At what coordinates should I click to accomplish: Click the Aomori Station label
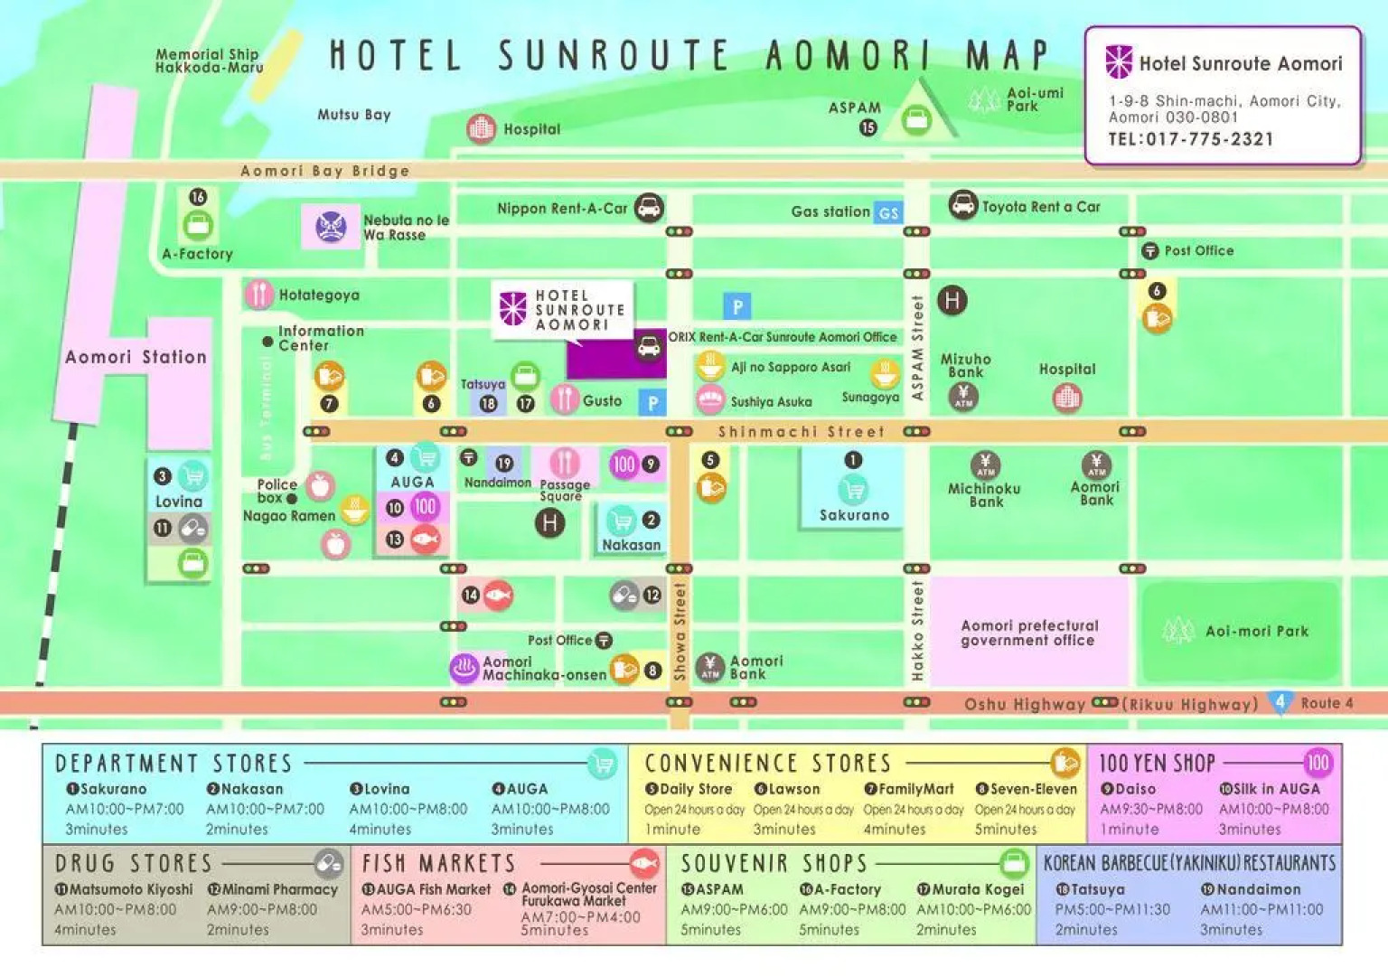click(136, 357)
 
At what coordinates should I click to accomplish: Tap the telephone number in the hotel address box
click(1190, 139)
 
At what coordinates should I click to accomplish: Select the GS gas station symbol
click(888, 213)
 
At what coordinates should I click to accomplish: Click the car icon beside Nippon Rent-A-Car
click(649, 208)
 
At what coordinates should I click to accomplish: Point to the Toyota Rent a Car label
click(1040, 207)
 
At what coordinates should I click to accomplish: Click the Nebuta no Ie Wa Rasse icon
click(331, 226)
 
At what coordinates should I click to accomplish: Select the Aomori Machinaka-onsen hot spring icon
click(464, 669)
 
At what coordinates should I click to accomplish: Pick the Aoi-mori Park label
click(1256, 631)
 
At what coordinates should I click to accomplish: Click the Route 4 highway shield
click(1280, 702)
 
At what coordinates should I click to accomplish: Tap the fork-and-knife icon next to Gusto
click(564, 399)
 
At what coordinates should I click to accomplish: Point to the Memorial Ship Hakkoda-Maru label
click(209, 61)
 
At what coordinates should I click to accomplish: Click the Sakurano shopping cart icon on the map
click(853, 490)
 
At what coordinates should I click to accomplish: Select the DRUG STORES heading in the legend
click(133, 863)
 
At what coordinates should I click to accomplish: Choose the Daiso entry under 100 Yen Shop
click(1129, 789)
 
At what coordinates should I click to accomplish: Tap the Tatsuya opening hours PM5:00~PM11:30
click(1111, 909)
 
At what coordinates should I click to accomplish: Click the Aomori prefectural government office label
click(1028, 633)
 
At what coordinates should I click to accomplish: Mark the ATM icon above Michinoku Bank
click(985, 465)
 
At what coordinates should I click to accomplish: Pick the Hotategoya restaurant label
click(319, 295)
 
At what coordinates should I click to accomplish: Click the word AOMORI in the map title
click(847, 56)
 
